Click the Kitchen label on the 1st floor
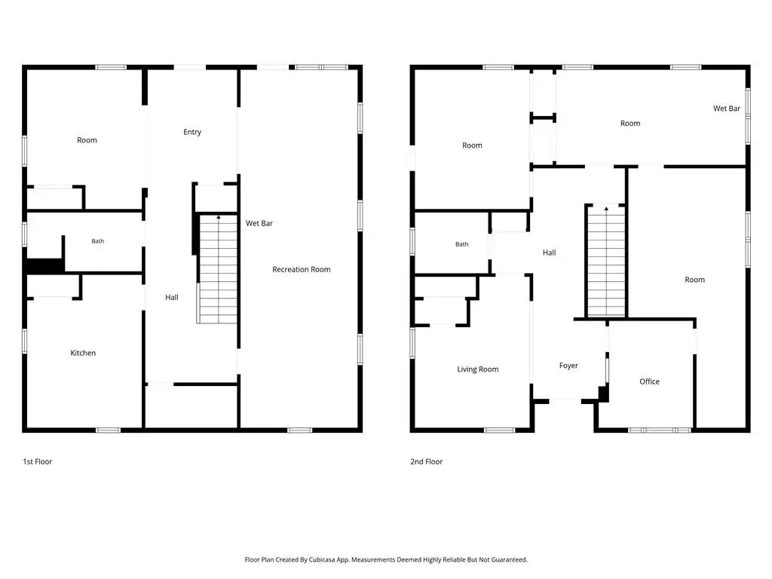tap(83, 353)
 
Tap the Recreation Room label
tap(302, 269)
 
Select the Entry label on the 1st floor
tap(192, 132)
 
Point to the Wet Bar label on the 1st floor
tap(259, 223)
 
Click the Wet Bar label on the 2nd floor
tap(727, 109)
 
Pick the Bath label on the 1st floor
tap(97, 240)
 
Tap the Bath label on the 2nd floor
tap(462, 244)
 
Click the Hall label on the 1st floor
tap(172, 297)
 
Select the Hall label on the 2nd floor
tap(549, 253)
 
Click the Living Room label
tap(477, 369)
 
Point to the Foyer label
tap(568, 366)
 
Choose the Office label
tap(649, 381)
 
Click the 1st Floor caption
tap(38, 461)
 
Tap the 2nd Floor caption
tap(427, 461)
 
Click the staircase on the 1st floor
tap(217, 269)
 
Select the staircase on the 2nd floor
tap(607, 262)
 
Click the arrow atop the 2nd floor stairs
tap(607, 209)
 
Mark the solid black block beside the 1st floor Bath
tap(45, 266)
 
